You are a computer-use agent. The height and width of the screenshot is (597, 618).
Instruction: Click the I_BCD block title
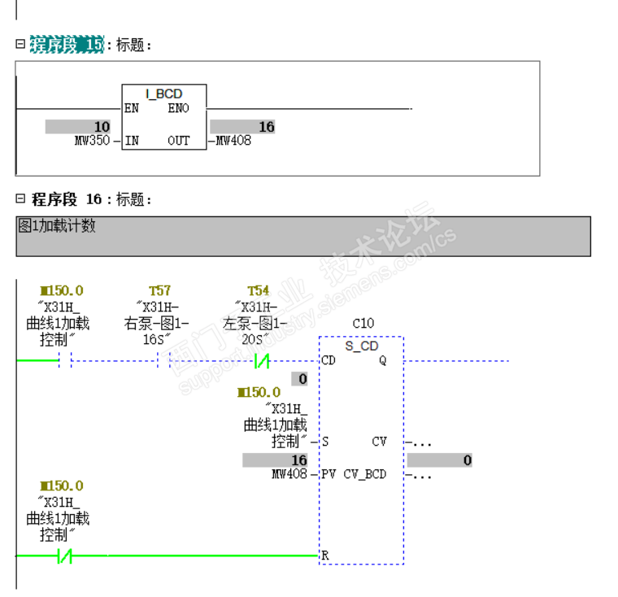pos(164,94)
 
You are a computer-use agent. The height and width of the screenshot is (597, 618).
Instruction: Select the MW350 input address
pos(92,141)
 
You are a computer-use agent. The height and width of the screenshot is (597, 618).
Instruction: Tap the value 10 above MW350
pos(101,127)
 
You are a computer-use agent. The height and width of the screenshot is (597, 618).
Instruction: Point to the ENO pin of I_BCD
pos(178,108)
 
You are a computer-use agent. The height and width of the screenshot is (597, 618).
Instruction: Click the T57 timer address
pos(160,290)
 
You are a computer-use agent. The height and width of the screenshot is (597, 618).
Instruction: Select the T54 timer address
pos(259,290)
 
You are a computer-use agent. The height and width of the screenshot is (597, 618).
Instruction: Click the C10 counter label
pos(363,323)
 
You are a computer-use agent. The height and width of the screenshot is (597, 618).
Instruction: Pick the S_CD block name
pos(362,346)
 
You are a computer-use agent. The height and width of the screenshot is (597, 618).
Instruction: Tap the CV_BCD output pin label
pos(364,474)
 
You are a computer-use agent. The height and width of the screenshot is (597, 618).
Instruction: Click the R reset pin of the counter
pos(325,556)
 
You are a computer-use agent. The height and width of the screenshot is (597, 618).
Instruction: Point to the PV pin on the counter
pos(329,474)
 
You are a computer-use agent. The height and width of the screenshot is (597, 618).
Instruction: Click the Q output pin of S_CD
pos(382,360)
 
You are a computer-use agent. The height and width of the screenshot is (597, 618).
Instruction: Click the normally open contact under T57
pos(163,360)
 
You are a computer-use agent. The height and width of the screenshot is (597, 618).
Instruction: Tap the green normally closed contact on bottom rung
pos(65,556)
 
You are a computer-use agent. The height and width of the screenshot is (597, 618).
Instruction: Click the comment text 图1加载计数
pos(57,226)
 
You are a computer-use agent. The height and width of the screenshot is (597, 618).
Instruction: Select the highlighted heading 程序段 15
pos(67,45)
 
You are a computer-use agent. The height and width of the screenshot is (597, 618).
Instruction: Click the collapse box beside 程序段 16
pos(20,198)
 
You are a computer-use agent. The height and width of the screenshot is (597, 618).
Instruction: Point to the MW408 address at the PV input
pos(289,474)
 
